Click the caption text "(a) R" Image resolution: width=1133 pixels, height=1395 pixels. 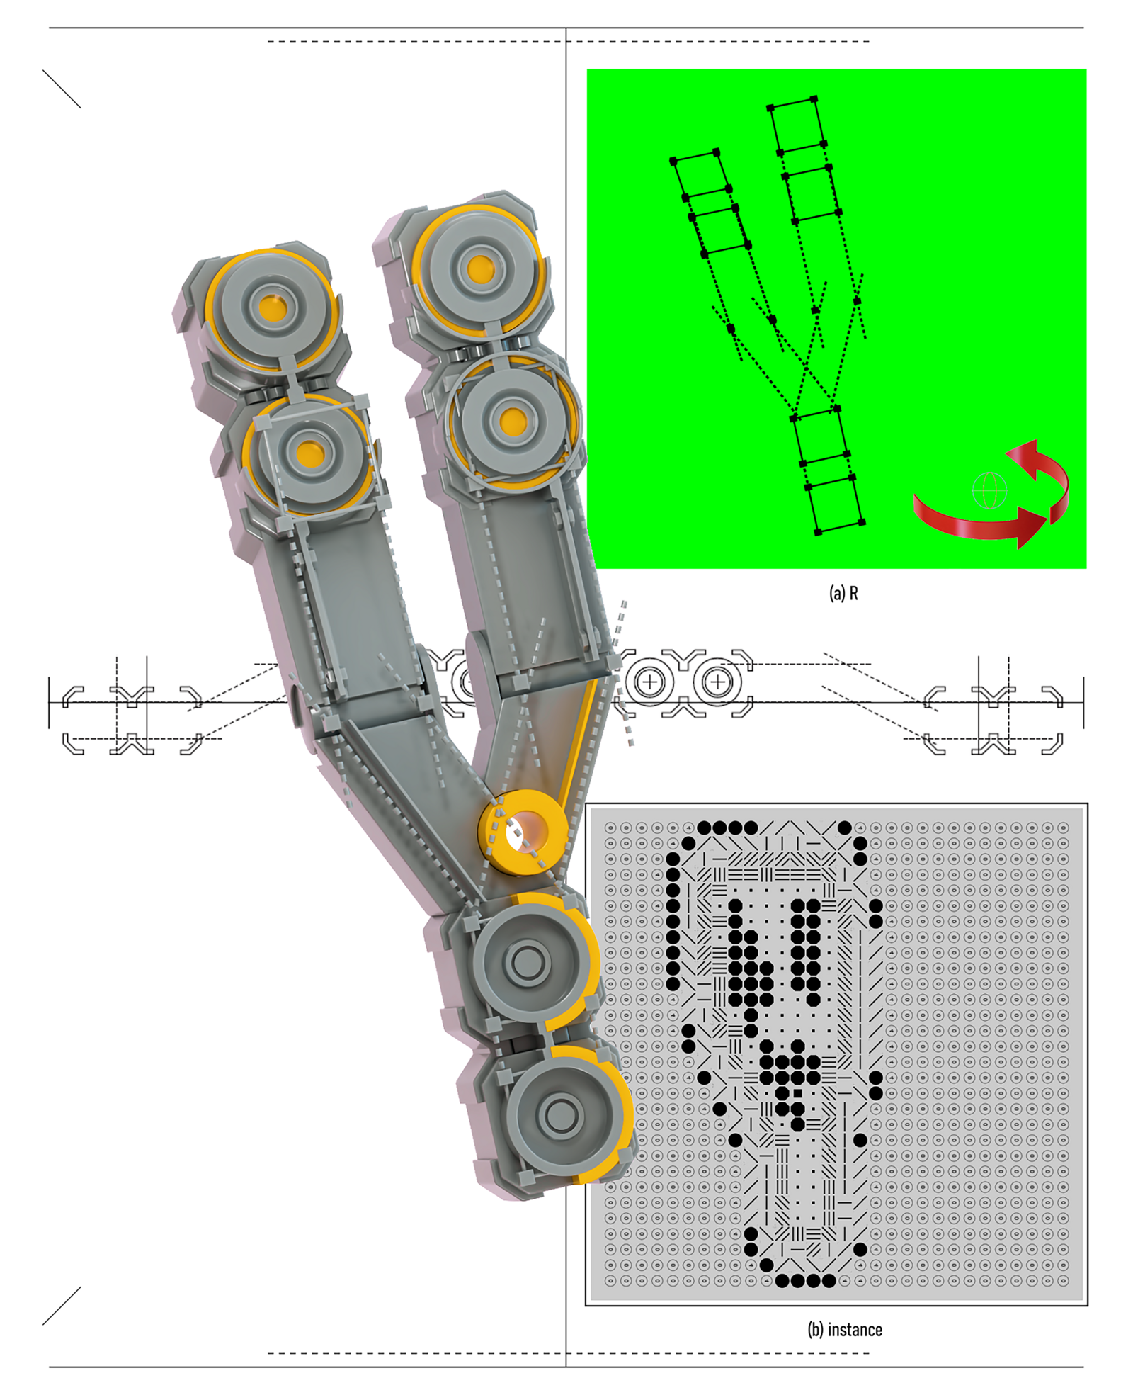click(843, 594)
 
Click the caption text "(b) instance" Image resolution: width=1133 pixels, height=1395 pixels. click(845, 1330)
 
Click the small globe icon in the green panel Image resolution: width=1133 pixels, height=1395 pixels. click(989, 490)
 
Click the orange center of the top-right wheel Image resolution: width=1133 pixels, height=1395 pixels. click(481, 269)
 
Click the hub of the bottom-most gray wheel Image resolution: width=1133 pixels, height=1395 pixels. click(561, 1115)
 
